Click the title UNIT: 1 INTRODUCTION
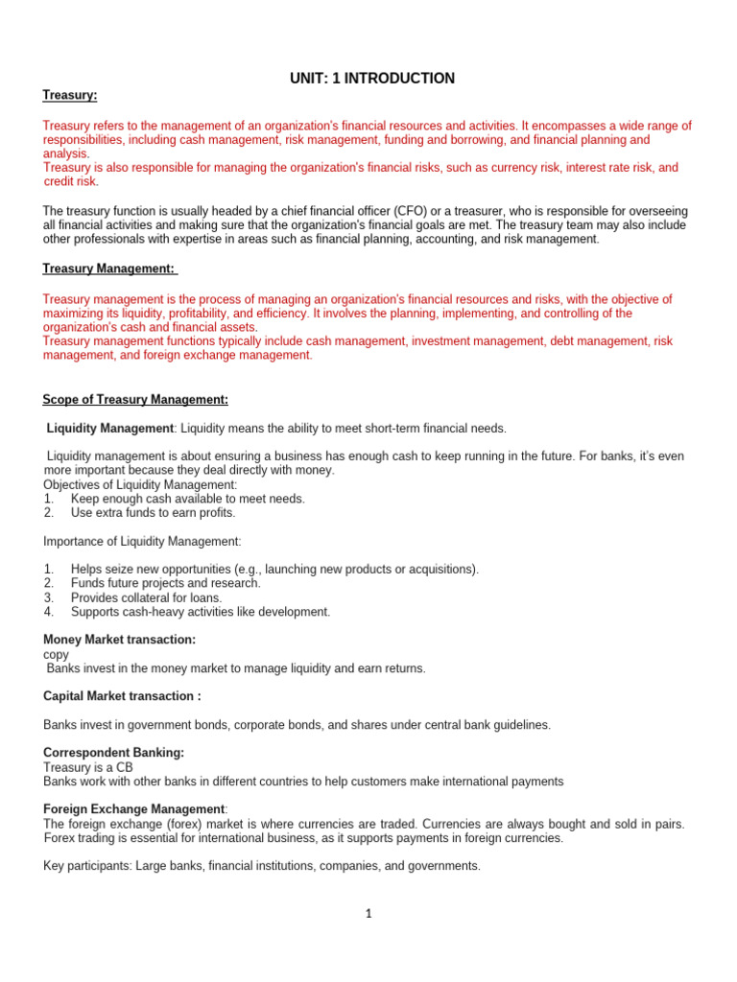tap(372, 79)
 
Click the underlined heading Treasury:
tap(70, 95)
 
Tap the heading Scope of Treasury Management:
tap(135, 399)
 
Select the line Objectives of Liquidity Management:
tap(140, 484)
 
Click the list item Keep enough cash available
tap(188, 499)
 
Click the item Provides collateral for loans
tap(146, 597)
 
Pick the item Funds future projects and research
tap(165, 583)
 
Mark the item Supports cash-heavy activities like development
tap(200, 612)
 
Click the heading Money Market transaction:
tap(120, 639)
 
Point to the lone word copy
tap(57, 654)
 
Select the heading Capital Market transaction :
tap(122, 696)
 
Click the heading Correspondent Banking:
tap(114, 753)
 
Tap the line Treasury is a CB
tap(88, 767)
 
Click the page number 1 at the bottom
tap(368, 914)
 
